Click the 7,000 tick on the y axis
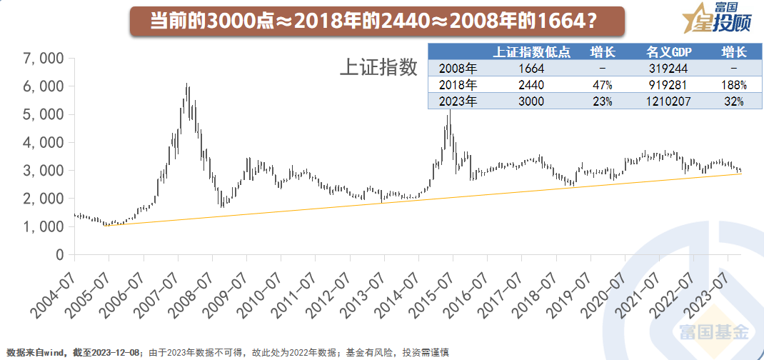44,58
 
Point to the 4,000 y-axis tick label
44,142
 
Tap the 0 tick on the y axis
59,255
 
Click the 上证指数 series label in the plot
378,67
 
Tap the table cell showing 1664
532,69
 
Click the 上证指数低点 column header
532,52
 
